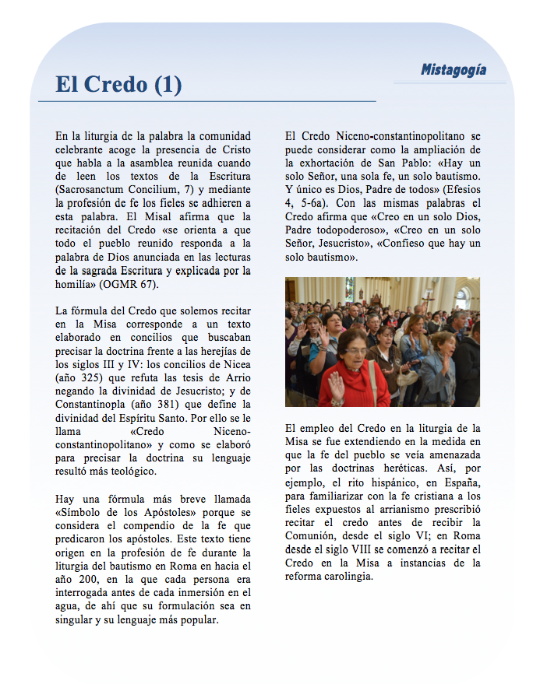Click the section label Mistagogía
tap(454, 70)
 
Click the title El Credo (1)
tap(118, 85)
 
